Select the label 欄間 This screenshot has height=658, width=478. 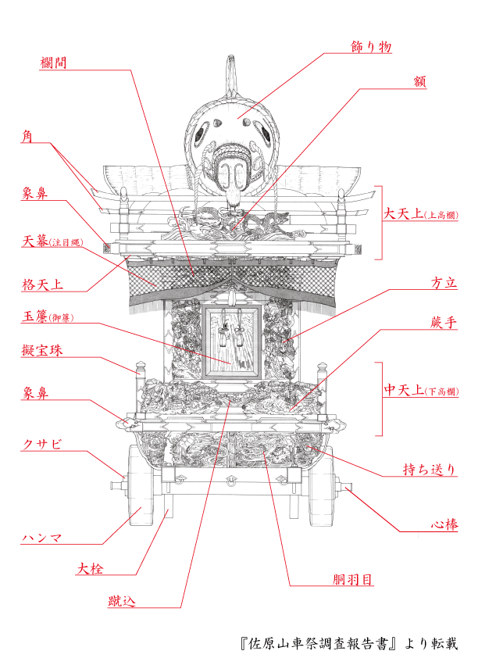point(52,63)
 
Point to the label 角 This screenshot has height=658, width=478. point(27,136)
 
